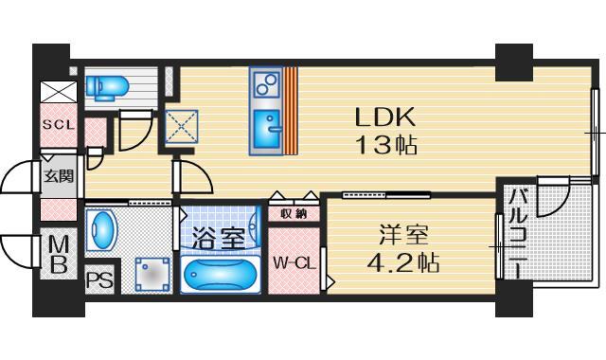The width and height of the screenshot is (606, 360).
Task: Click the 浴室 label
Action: click(220, 238)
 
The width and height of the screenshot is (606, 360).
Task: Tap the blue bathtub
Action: click(219, 275)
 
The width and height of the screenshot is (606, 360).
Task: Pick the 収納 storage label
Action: click(293, 213)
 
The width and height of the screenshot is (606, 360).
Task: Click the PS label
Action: click(98, 280)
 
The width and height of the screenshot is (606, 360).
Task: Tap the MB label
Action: click(58, 255)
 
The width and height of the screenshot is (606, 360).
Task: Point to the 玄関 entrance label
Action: click(58, 176)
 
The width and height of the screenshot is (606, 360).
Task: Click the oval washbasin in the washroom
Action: click(100, 227)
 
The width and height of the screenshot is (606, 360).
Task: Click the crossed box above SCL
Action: click(56, 94)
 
